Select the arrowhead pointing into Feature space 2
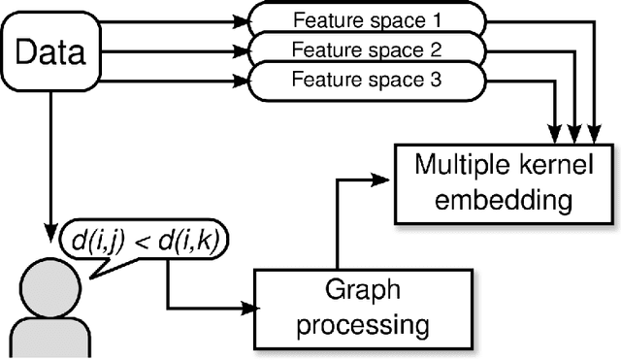click(x=244, y=49)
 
